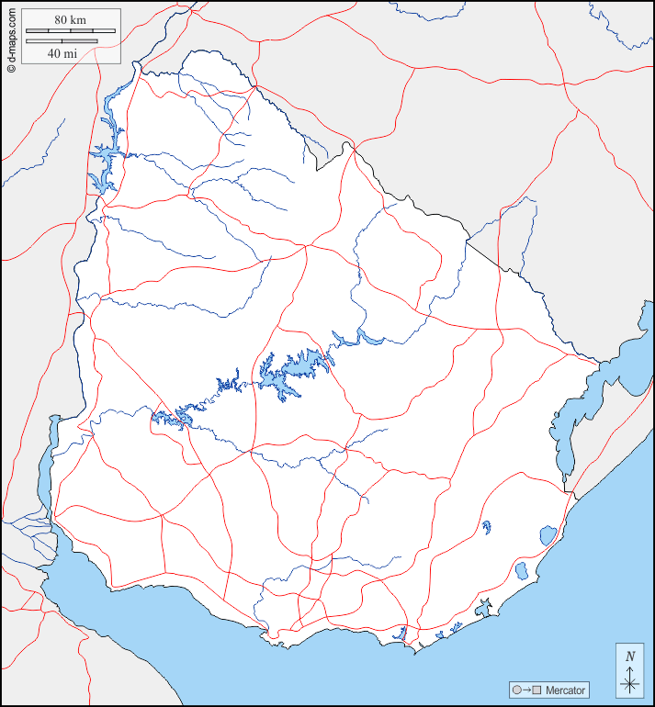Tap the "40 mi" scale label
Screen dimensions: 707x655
tap(62, 53)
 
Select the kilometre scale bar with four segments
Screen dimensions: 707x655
tap(71, 31)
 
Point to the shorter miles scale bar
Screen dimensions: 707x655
tap(62, 41)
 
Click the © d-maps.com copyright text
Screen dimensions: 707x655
tap(10, 38)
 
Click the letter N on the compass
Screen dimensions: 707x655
tap(629, 656)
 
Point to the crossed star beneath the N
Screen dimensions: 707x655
tap(629, 682)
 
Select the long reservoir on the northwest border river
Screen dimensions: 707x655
tap(106, 156)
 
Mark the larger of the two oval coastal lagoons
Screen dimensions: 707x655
tap(548, 534)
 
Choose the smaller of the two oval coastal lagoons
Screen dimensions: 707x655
tap(521, 570)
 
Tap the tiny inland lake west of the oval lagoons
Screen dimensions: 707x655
tap(486, 527)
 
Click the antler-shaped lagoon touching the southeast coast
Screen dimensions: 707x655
tap(484, 607)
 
